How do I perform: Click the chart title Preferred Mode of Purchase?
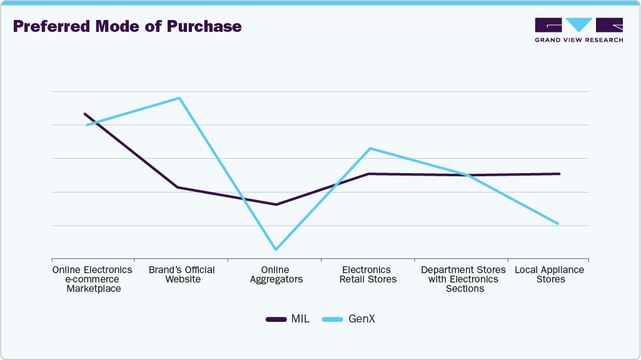pos(127,27)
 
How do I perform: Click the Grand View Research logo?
pos(578,30)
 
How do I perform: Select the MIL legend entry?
pos(288,319)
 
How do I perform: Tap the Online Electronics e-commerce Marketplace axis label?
pos(93,279)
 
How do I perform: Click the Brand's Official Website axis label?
pos(182,274)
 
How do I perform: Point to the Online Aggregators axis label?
pos(276,274)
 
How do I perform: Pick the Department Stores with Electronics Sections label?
pos(463,279)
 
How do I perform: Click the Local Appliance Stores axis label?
pos(549,274)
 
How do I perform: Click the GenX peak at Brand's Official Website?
pos(179,98)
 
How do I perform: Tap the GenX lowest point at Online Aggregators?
pos(276,249)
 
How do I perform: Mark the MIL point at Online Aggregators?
pos(276,204)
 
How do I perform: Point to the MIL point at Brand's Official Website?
pos(178,187)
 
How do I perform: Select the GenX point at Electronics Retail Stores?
pos(370,148)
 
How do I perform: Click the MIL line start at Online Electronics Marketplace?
pos(84,114)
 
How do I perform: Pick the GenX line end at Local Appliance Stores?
pos(558,224)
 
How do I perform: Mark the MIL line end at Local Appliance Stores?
pos(559,174)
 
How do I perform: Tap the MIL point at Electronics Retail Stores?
pos(369,174)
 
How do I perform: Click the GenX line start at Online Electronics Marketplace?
pos(88,125)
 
